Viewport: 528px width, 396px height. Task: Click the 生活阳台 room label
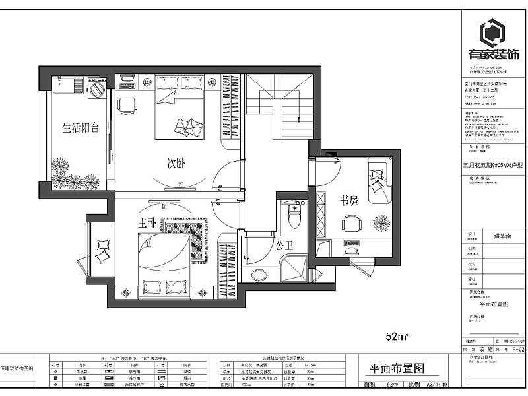click(80, 127)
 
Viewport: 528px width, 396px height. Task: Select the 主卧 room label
click(147, 223)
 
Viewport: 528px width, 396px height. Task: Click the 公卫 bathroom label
click(284, 246)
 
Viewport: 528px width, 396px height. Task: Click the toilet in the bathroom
click(294, 215)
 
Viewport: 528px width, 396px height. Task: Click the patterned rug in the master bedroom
click(185, 242)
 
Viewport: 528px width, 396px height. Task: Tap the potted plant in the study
click(381, 224)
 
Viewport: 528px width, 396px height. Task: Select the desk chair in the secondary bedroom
click(127, 104)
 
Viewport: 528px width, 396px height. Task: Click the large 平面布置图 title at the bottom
click(396, 368)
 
